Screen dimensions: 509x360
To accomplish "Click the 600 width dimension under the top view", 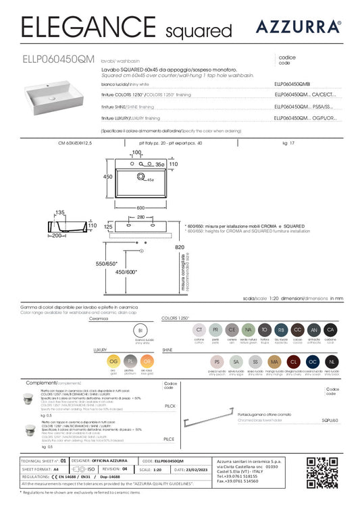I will click(x=140, y=208).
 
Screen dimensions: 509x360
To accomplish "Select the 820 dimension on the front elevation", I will click(x=198, y=247).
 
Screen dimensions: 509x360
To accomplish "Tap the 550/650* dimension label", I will click(x=106, y=263).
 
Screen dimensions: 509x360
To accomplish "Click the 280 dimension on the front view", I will click(x=141, y=217).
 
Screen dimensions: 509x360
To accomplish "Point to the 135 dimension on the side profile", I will click(x=59, y=211).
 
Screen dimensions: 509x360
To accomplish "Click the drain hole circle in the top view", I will click(x=142, y=177).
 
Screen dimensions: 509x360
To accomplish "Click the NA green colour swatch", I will click(x=248, y=329).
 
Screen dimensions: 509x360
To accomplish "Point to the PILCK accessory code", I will click(x=170, y=406).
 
